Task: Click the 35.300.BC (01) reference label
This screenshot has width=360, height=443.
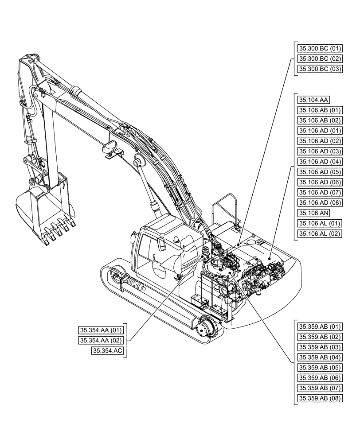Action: point(319,48)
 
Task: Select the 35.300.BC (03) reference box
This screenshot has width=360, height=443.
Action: point(319,69)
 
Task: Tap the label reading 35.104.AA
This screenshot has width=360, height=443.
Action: point(310,100)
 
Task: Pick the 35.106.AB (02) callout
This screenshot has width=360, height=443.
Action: point(319,120)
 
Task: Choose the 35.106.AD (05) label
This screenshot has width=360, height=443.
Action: point(319,172)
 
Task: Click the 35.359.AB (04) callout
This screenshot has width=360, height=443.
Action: point(319,358)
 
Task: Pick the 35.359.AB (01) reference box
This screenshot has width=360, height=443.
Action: point(319,327)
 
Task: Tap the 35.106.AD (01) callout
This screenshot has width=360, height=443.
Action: point(319,131)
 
